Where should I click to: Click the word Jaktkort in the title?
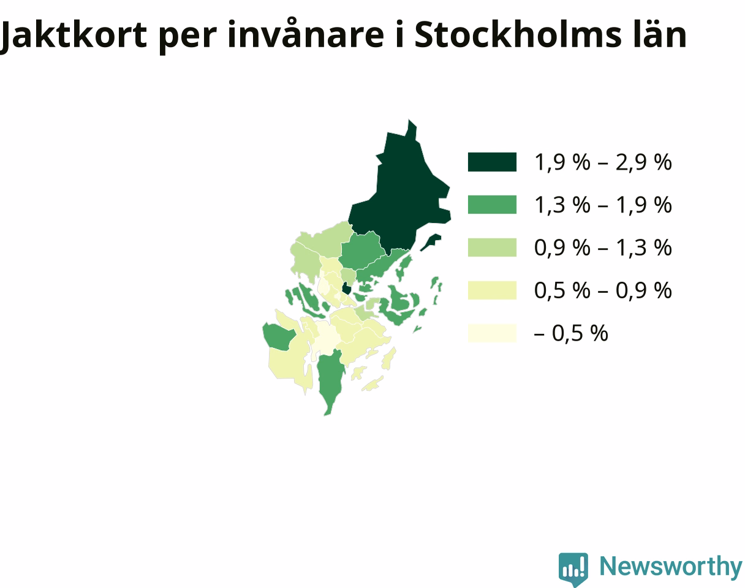(x=74, y=36)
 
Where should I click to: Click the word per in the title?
(x=187, y=38)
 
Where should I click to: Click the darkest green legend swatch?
(x=492, y=162)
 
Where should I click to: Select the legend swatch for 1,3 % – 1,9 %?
(x=492, y=205)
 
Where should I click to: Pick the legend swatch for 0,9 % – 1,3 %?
(x=492, y=247)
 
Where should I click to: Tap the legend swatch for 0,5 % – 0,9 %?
(x=492, y=290)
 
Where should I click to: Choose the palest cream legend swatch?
(x=492, y=333)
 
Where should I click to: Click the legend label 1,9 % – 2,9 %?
(x=603, y=162)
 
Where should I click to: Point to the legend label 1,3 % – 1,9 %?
(x=603, y=205)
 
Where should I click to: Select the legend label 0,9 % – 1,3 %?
(x=603, y=248)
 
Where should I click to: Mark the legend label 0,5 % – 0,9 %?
(x=603, y=290)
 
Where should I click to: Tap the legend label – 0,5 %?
(x=571, y=333)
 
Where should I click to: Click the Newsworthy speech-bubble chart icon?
(x=573, y=568)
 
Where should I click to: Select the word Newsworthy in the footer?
(x=671, y=567)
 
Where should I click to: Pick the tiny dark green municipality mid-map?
(x=346, y=288)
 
